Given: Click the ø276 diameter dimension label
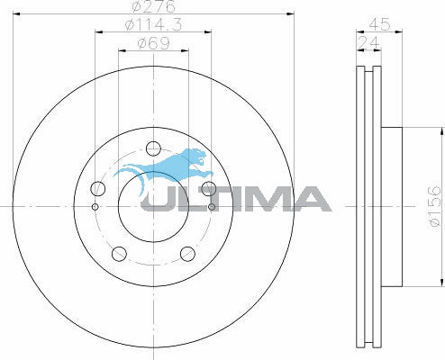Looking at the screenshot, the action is [x=153, y=6].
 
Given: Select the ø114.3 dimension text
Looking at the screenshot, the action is [x=153, y=24].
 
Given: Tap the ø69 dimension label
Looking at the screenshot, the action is [x=153, y=43].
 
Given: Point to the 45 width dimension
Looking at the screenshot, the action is [x=379, y=24].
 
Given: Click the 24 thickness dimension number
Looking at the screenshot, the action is [x=368, y=43].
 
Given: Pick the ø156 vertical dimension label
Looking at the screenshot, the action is [x=435, y=206].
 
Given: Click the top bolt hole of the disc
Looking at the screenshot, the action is [x=153, y=148].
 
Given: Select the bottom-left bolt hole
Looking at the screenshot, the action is [x=119, y=254].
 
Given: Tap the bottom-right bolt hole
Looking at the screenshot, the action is [x=187, y=254].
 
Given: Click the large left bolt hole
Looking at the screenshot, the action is [x=98, y=189].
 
